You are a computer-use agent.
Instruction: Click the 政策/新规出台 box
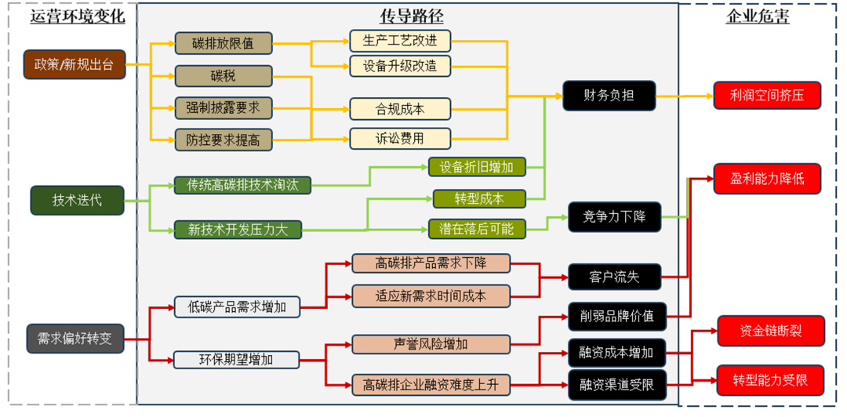pyautogui.click(x=75, y=64)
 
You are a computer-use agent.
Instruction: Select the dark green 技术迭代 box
pyautogui.click(x=77, y=201)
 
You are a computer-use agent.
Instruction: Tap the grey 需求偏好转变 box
pyautogui.click(x=75, y=339)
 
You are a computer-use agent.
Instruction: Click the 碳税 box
pyautogui.click(x=223, y=76)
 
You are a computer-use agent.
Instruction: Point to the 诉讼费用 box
pyautogui.click(x=400, y=140)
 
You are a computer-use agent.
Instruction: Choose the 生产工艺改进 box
pyautogui.click(x=400, y=41)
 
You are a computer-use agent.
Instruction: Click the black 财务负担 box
pyautogui.click(x=609, y=96)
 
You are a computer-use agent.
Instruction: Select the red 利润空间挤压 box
pyautogui.click(x=768, y=96)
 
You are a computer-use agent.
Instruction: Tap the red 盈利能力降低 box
pyautogui.click(x=768, y=179)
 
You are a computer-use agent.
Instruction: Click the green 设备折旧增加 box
pyautogui.click(x=477, y=167)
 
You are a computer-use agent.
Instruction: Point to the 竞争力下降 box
pyautogui.click(x=614, y=217)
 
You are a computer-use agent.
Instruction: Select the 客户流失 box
pyautogui.click(x=614, y=277)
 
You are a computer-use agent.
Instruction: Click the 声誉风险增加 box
pyautogui.click(x=431, y=344)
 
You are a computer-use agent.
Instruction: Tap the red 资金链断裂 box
pyautogui.click(x=770, y=331)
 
